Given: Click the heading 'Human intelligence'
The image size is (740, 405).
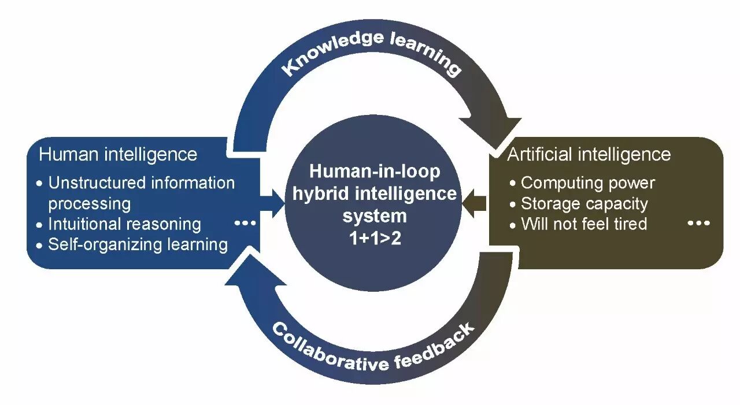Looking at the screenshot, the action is pos(118,154).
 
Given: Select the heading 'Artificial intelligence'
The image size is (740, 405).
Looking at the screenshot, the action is pos(589,154).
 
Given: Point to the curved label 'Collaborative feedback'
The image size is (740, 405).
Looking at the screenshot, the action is pos(373,347).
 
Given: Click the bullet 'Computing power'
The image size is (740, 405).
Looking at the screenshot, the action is pos(587,183).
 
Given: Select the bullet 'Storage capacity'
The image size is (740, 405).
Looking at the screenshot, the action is pos(584,204).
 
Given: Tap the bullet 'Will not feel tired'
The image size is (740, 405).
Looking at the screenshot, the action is pos(583,224).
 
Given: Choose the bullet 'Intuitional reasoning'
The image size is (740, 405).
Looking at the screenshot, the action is pos(124,224).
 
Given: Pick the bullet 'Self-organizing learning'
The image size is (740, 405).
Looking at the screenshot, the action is pos(138,244).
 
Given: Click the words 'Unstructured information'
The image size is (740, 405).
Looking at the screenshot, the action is pos(142,183).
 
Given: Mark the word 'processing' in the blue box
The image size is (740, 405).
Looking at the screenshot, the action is pos(89,204).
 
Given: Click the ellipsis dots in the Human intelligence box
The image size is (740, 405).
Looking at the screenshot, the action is pos(246,223).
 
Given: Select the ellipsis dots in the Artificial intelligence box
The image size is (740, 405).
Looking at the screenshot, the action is pos(698,223).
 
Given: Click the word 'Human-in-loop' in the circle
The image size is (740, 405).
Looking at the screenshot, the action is pos(374,172).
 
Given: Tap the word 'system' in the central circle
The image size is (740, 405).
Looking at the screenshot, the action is pos(374,216).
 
